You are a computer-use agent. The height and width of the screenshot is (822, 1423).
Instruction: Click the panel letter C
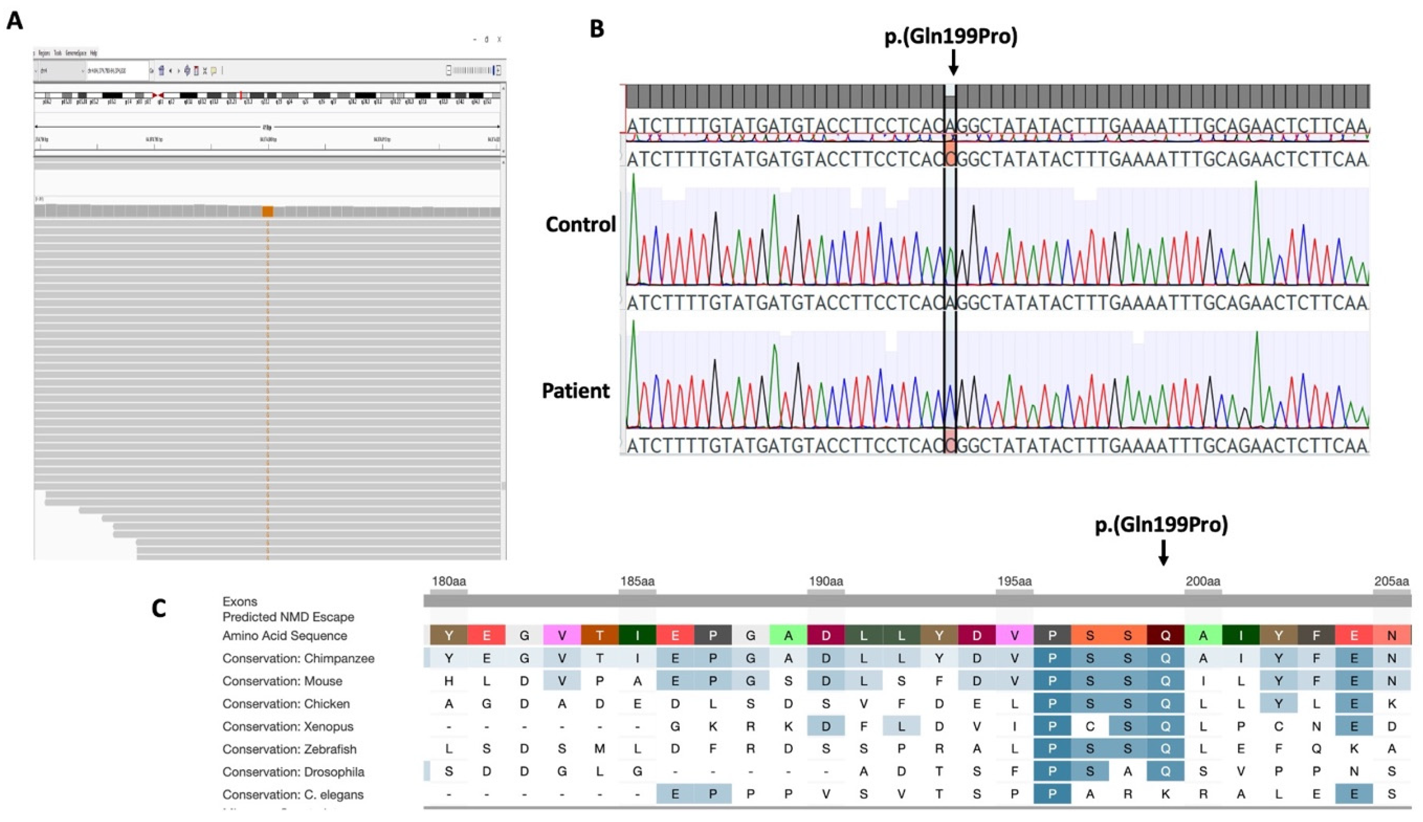tap(159, 608)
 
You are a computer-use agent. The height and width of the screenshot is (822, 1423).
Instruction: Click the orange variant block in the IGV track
tap(268, 211)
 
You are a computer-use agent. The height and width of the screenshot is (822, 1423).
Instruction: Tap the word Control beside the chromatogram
tap(580, 225)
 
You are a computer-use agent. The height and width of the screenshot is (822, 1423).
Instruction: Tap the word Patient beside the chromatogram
tap(576, 391)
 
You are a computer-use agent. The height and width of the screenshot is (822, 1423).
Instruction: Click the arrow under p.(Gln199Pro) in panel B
tap(953, 62)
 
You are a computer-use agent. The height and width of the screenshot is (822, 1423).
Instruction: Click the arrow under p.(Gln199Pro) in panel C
tap(1163, 551)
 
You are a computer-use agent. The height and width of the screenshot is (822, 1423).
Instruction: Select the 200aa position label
tap(1203, 581)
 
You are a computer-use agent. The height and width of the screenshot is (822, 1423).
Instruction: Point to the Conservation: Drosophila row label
tap(293, 772)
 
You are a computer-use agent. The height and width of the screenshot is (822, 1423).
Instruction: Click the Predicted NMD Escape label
tap(288, 617)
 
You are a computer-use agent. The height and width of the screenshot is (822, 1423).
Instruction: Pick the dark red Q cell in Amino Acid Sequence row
tap(1165, 636)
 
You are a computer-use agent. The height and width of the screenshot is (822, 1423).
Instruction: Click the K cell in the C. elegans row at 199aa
tap(1165, 794)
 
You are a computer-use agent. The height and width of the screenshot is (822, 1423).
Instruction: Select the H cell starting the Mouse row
tap(448, 682)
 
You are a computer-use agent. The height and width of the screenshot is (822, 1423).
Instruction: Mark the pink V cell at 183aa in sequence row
tap(562, 636)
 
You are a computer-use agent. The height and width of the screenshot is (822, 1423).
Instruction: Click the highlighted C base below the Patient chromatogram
tap(951, 446)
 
